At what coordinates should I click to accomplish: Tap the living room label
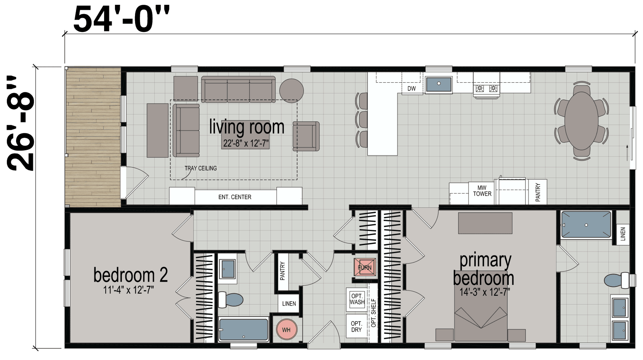tap(246, 127)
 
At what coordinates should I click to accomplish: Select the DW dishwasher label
tap(412, 88)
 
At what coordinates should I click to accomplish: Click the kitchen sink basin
tap(439, 84)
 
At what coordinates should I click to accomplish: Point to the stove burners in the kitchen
tap(487, 88)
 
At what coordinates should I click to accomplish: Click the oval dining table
tap(581, 121)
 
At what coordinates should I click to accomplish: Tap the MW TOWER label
tap(482, 191)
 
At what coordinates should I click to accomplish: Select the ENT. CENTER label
tap(235, 197)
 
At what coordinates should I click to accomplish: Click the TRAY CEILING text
tap(201, 168)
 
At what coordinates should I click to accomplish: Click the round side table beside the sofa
tap(291, 90)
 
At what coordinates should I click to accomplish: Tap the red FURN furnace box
tap(365, 267)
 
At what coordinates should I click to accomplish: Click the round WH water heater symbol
tap(286, 330)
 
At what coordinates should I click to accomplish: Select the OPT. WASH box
tap(357, 299)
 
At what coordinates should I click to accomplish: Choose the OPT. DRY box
tap(356, 326)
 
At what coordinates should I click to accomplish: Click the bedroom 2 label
tap(130, 276)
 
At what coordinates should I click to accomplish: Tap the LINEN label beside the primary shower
tap(623, 233)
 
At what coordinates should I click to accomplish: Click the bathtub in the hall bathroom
tap(244, 329)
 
